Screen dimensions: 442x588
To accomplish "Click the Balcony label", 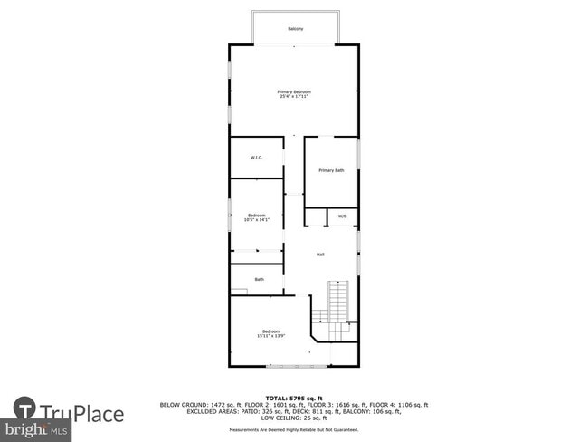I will (x=295, y=29).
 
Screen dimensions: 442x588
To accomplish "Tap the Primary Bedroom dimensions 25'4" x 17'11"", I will (x=294, y=97).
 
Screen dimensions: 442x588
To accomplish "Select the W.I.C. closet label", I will (x=256, y=159).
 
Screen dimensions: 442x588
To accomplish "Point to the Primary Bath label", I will (x=331, y=170).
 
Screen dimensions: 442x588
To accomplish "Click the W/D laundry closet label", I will (x=342, y=216).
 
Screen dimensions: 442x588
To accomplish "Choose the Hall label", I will (x=320, y=255).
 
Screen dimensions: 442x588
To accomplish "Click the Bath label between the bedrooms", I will (x=259, y=279).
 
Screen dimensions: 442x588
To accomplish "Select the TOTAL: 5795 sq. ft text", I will (x=294, y=398).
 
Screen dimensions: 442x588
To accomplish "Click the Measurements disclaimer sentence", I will (x=294, y=429).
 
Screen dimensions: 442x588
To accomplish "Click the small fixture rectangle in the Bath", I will (x=239, y=291).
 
